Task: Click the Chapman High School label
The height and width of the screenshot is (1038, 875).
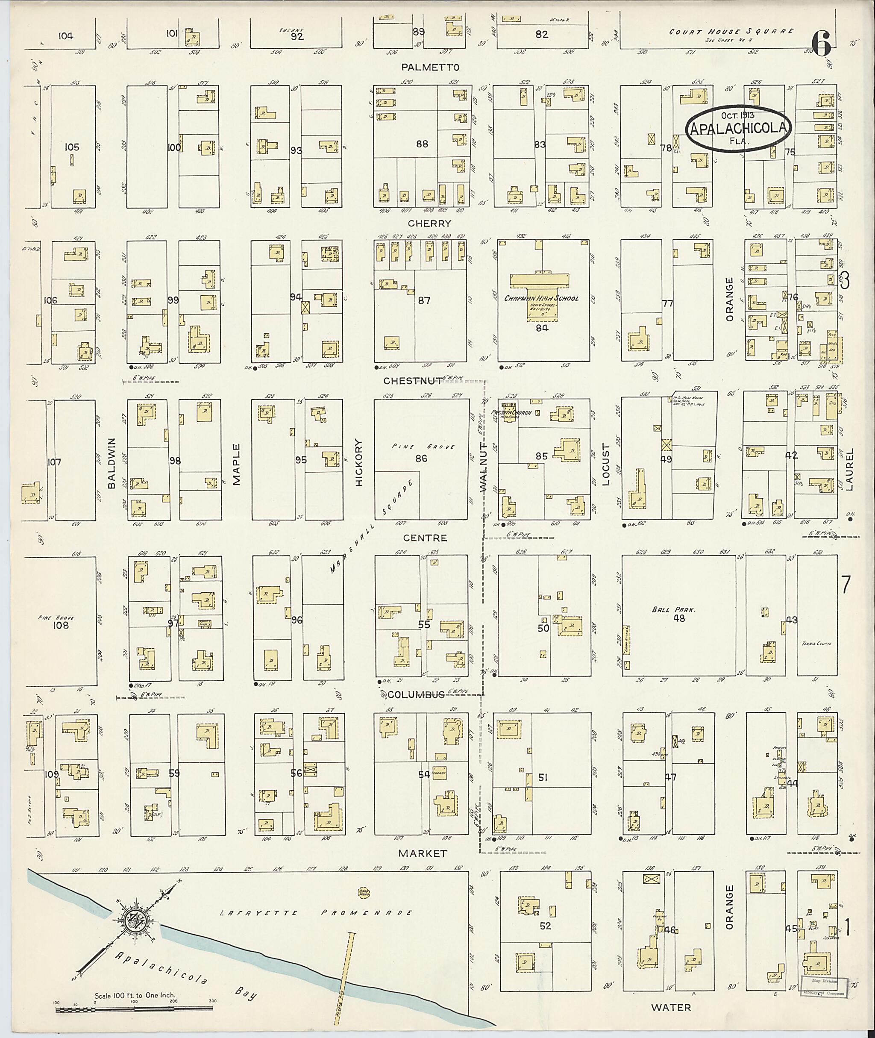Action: point(541,299)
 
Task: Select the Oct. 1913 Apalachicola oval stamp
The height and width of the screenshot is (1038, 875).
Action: point(737,127)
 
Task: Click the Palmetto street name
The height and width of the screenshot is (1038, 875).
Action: point(431,67)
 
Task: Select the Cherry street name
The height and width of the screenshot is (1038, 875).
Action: point(429,223)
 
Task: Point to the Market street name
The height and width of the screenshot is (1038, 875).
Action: point(423,853)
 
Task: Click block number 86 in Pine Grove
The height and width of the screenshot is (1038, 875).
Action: point(421,459)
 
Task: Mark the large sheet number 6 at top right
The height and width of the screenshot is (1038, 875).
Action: point(822,44)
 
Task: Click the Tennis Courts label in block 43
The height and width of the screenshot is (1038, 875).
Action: point(817,644)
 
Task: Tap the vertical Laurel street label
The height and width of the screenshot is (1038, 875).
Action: point(850,469)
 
